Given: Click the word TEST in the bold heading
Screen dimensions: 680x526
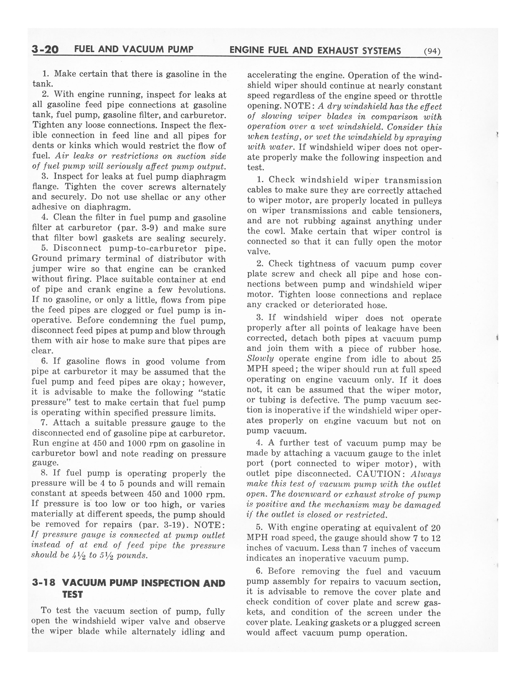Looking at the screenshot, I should pos(73,595).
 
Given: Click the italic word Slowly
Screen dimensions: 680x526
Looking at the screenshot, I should pos(260,359).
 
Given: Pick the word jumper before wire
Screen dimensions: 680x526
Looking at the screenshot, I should pos(46,269).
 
